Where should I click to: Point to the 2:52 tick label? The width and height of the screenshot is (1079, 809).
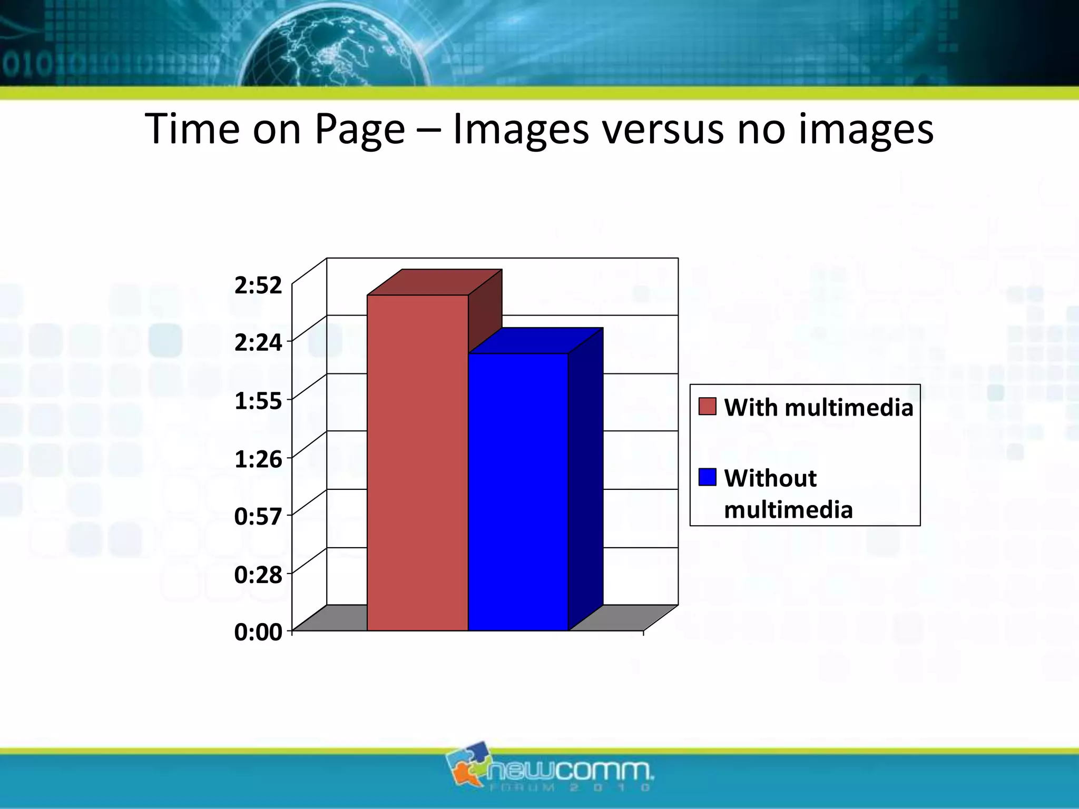pos(258,285)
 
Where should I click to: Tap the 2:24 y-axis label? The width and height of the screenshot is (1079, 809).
pos(258,343)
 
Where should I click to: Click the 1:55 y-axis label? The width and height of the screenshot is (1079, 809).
pos(258,401)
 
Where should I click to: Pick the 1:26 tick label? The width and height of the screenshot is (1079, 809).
pos(258,459)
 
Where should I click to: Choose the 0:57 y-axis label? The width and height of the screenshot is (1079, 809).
pos(258,517)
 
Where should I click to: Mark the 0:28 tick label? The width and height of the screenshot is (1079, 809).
pos(258,575)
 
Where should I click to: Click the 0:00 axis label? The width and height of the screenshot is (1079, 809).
pos(258,632)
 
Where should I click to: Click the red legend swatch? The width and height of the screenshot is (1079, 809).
pos(707,407)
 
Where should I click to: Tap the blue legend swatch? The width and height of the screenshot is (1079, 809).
pos(707,477)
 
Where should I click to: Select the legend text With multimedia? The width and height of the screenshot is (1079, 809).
pos(818,408)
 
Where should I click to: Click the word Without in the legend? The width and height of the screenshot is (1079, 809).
pos(770,478)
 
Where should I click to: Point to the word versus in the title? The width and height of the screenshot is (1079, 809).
pos(663,130)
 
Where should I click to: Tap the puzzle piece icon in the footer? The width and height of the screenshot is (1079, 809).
pos(466,764)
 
